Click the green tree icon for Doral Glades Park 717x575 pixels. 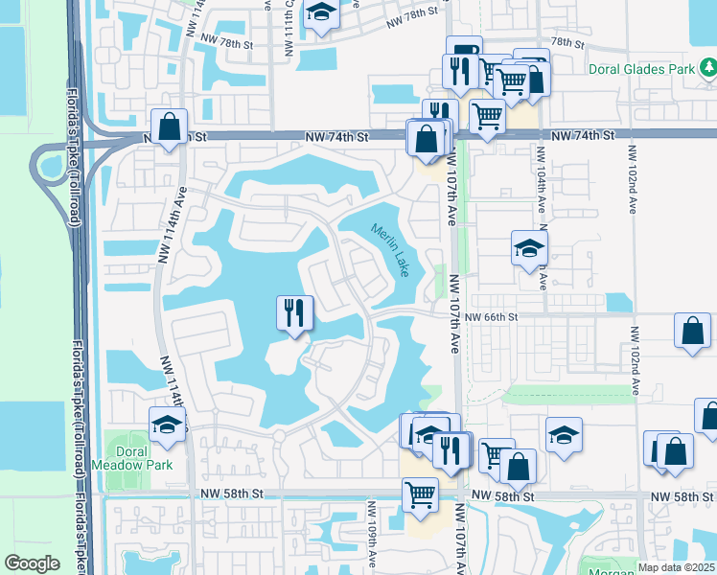pyautogui.click(x=707, y=67)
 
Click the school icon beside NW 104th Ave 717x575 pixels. pyautogui.click(x=529, y=248)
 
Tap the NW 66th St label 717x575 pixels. pyautogui.click(x=492, y=317)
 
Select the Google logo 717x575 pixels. pyautogui.click(x=32, y=563)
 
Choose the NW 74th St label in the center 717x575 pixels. pyautogui.click(x=337, y=138)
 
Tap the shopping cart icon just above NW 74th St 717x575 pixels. pyautogui.click(x=487, y=117)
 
